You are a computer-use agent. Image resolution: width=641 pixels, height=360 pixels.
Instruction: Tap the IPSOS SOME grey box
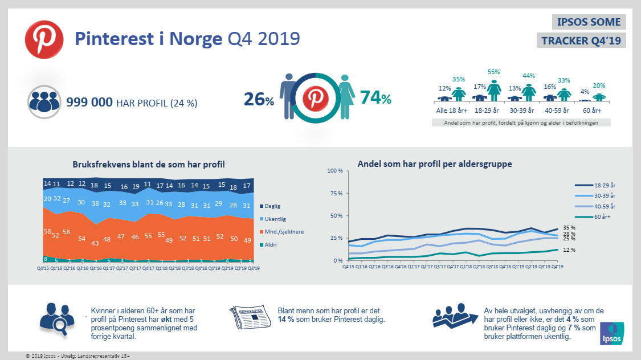click(581, 22)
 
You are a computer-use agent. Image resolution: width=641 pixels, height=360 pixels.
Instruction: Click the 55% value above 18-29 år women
click(493, 72)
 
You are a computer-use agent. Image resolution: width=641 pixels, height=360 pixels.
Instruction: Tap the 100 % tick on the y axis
click(334, 171)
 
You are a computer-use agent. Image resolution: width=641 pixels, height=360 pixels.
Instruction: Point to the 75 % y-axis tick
click(335, 193)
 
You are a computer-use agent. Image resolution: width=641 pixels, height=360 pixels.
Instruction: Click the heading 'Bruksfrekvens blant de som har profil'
click(148, 164)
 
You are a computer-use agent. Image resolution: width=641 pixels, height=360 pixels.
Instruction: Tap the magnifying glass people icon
click(54, 319)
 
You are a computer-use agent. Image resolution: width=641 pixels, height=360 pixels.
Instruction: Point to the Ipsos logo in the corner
click(613, 333)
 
